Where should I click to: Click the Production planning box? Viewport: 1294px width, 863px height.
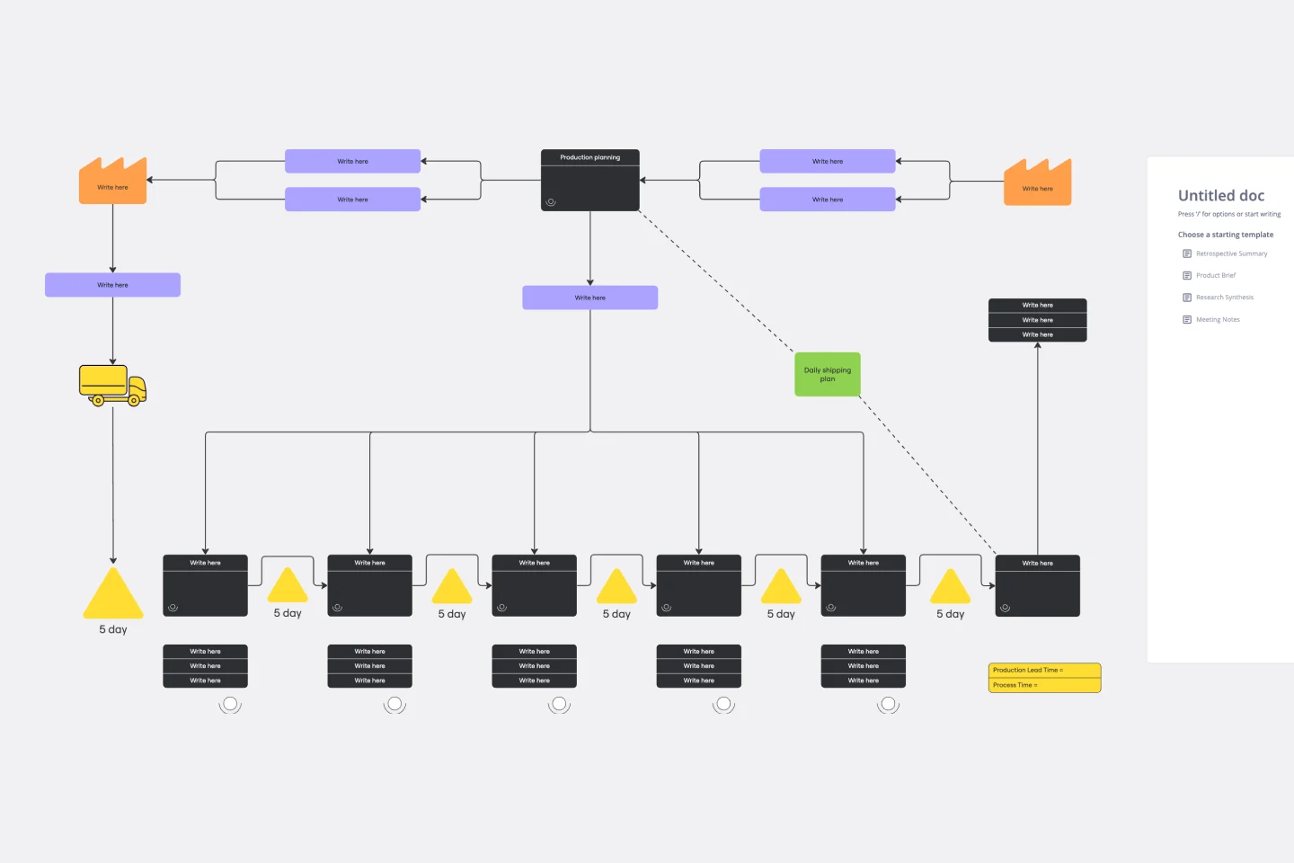coord(589,180)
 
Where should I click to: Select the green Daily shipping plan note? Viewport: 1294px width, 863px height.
coord(827,374)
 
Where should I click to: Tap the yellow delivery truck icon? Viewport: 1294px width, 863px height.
coord(112,385)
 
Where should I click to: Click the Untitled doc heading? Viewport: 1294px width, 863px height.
coord(1220,195)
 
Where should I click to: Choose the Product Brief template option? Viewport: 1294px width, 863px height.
coord(1215,275)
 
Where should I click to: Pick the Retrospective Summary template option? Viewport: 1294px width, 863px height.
coord(1230,254)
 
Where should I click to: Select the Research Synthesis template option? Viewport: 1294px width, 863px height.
coord(1224,298)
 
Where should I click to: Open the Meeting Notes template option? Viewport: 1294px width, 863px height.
coord(1217,319)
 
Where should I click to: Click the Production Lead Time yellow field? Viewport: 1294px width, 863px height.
coord(1044,670)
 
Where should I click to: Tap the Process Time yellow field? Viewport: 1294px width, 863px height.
coord(1044,685)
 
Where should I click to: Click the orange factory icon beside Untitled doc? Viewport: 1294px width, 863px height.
coord(1037,182)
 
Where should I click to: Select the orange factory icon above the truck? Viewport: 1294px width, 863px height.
coord(112,182)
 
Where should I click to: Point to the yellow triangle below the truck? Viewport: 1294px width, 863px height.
coord(113,595)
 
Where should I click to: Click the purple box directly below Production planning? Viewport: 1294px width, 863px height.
coord(589,298)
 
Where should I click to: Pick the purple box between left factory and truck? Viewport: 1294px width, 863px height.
coord(112,285)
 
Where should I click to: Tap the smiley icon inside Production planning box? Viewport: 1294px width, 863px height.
coord(551,202)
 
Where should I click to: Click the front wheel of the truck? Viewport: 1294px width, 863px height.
coord(134,400)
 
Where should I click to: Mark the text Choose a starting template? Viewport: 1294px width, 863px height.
coord(1225,235)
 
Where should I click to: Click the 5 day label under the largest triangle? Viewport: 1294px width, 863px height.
coord(113,629)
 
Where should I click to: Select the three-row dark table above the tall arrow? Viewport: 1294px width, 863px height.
coord(1037,320)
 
